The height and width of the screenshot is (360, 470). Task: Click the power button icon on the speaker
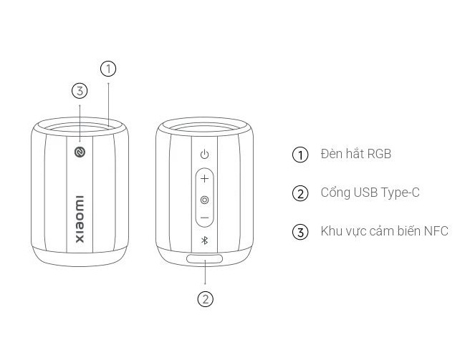pyautogui.click(x=204, y=155)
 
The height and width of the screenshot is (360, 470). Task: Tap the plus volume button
pyautogui.click(x=204, y=179)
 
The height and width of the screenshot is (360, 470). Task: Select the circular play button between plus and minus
pyautogui.click(x=204, y=200)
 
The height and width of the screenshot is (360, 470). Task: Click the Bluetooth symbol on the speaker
pyautogui.click(x=204, y=240)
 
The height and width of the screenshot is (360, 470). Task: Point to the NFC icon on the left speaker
pyautogui.click(x=80, y=152)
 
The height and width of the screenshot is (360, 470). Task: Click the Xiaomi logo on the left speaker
pyautogui.click(x=80, y=219)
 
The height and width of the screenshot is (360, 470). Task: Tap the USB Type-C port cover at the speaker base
pyautogui.click(x=205, y=259)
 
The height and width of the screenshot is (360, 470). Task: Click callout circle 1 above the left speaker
pyautogui.click(x=108, y=69)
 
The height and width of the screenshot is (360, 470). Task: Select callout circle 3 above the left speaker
pyautogui.click(x=80, y=91)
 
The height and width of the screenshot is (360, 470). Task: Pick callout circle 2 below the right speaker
pyautogui.click(x=206, y=299)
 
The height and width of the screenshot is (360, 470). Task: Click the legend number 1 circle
pyautogui.click(x=300, y=155)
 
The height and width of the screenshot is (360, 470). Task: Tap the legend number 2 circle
pyautogui.click(x=300, y=193)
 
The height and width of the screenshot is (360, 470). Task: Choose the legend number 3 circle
pyautogui.click(x=300, y=232)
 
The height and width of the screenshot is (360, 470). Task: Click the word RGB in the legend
pyautogui.click(x=379, y=154)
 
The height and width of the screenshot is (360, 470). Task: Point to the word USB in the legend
pyautogui.click(x=365, y=193)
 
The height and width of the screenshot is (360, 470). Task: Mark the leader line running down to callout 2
pyautogui.click(x=205, y=272)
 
